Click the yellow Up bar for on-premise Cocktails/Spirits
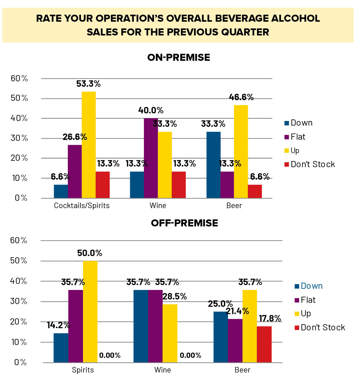tap(89, 145)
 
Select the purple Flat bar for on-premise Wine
tap(151, 158)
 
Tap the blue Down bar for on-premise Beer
tap(213, 165)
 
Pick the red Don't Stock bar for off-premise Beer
tap(264, 344)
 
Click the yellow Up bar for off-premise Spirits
tap(90, 311)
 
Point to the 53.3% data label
tap(89, 84)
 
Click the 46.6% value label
tap(241, 97)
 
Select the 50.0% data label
tap(90, 253)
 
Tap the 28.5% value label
tap(175, 296)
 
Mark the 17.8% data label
tap(270, 319)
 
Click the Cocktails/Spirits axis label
tap(82, 206)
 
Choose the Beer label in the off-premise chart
tap(242, 370)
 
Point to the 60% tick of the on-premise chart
tap(19, 79)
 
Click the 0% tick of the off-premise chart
tap(20, 363)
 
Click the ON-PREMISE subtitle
tap(179, 57)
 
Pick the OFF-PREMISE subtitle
tap(185, 223)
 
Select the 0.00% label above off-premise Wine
tap(190, 355)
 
